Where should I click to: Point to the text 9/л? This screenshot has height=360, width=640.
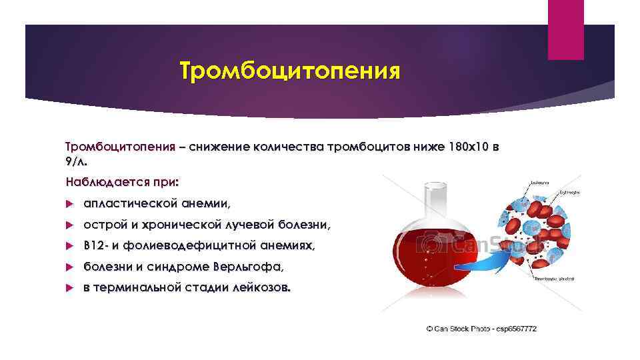76,161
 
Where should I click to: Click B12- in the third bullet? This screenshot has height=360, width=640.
95,246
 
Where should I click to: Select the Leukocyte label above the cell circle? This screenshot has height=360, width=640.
541,181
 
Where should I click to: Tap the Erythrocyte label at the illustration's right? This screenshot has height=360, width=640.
568,192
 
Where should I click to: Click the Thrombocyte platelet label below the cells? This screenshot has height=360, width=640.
554,279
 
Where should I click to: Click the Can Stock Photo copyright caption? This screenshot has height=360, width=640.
481,329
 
